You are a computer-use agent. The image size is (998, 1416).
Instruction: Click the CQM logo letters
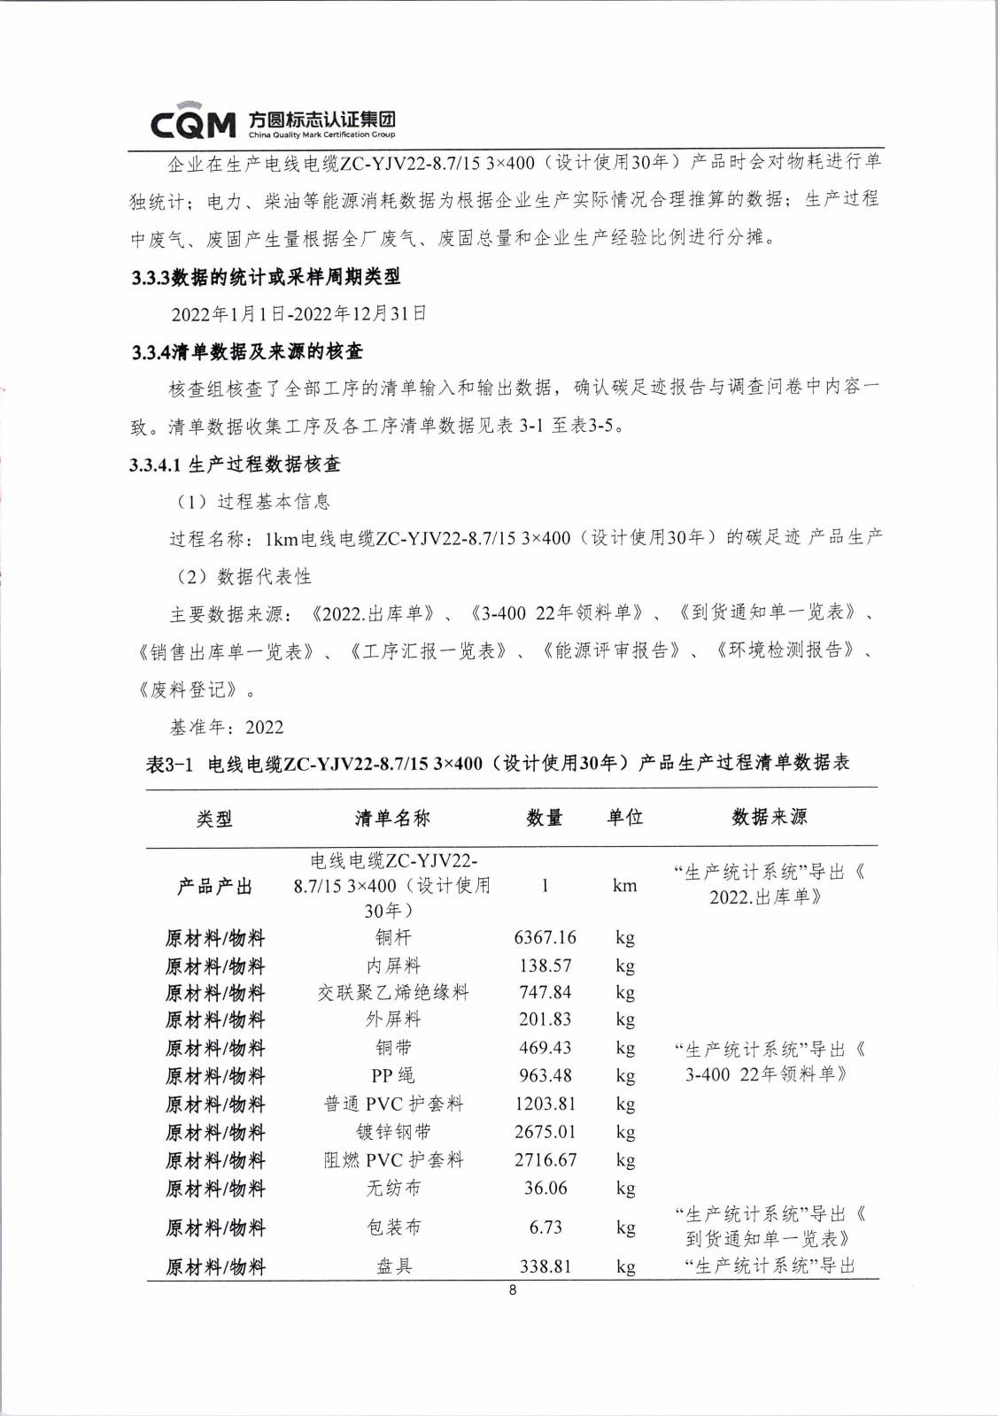193,125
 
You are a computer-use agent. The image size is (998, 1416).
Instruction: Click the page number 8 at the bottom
513,1290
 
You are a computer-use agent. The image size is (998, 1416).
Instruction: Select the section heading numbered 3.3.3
266,277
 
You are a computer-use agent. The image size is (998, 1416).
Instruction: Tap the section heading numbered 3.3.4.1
235,465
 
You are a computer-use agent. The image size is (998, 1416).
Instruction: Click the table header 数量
544,818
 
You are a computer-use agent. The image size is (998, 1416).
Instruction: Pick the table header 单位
624,818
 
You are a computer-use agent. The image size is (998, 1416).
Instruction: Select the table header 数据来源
769,818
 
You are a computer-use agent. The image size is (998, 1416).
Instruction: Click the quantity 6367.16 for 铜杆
545,937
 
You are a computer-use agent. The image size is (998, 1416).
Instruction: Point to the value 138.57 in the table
545,966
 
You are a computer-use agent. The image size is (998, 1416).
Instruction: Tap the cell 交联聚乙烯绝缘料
393,993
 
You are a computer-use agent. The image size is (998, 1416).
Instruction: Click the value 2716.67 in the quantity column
545,1160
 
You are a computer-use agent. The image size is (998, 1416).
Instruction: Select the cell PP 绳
393,1076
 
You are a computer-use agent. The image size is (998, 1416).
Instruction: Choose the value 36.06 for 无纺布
545,1189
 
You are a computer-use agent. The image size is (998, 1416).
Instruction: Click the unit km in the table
624,886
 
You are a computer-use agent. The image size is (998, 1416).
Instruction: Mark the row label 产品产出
214,886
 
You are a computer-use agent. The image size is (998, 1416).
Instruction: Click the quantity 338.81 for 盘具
545,1266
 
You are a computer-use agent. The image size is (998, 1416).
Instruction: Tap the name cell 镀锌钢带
393,1132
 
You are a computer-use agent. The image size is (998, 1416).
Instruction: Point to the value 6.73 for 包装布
545,1227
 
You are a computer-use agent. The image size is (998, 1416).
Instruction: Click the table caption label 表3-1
169,764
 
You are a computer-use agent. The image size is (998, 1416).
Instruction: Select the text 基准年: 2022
227,727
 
